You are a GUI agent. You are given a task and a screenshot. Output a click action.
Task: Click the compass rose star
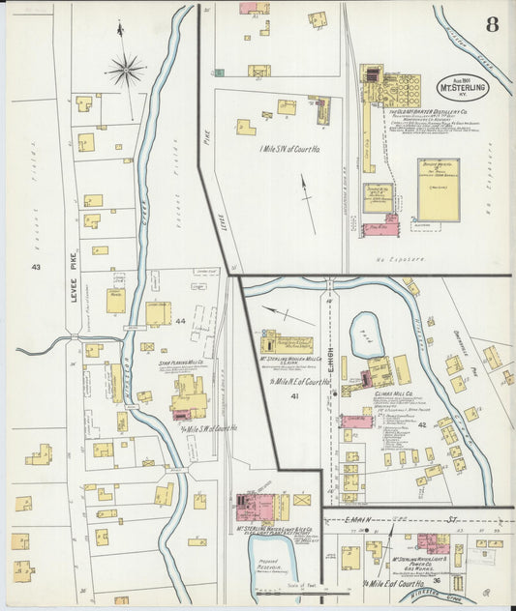point(125,69)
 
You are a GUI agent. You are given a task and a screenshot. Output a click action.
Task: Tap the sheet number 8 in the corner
point(492,24)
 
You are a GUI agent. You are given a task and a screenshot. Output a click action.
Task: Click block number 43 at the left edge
point(37,266)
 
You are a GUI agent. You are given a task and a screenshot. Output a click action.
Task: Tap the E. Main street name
point(363,520)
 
